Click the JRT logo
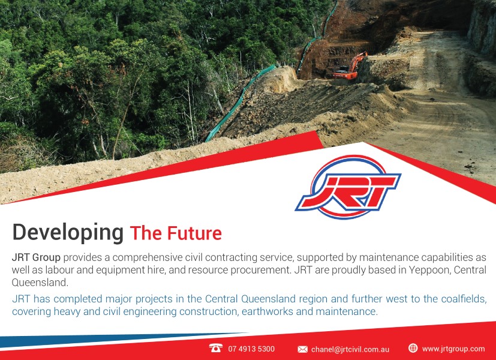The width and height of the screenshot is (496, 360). [348, 187]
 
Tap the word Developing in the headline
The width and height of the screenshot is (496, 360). [68, 233]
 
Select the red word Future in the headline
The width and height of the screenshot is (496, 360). [194, 233]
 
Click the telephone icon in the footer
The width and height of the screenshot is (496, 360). [216, 348]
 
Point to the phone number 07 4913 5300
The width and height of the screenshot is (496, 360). [251, 349]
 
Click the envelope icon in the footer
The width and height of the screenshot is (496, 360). [302, 349]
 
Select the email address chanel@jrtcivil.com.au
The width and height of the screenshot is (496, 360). [350, 349]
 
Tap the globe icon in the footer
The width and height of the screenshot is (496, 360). [413, 348]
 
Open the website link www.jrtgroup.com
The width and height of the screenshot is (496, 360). [453, 349]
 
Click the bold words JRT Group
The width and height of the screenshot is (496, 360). [36, 257]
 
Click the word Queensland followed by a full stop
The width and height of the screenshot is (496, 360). [40, 283]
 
